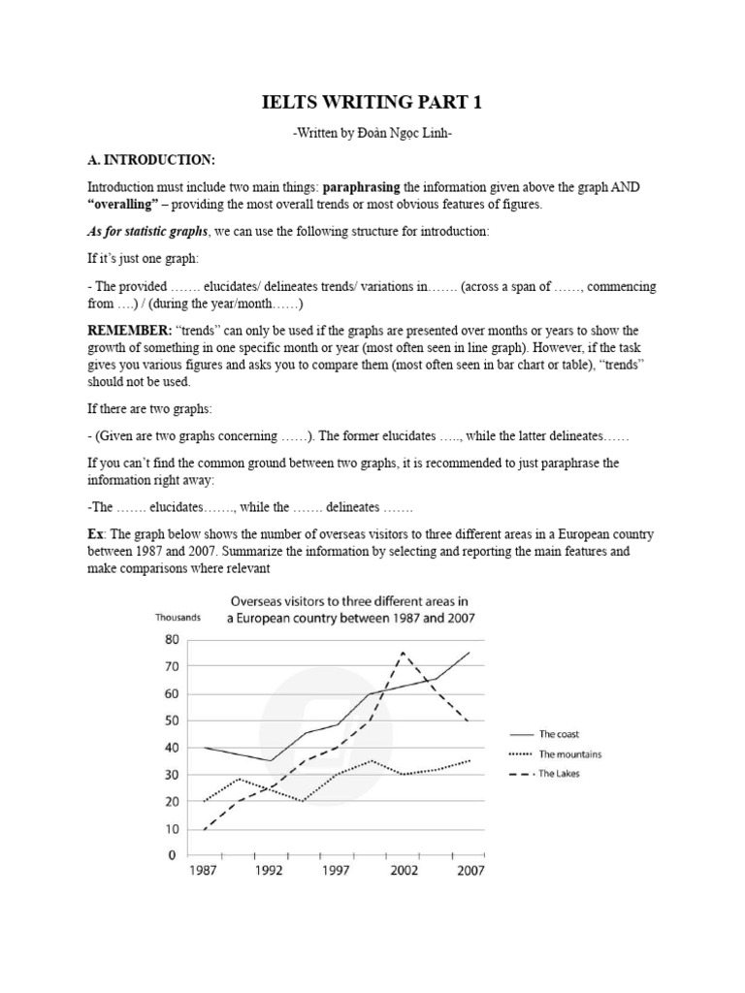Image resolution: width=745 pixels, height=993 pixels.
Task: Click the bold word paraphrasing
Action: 363,186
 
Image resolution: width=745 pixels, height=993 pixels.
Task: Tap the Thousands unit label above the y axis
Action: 178,617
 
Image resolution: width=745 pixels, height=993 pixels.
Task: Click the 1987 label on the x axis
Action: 203,871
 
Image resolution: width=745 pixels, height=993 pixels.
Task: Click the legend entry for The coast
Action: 558,734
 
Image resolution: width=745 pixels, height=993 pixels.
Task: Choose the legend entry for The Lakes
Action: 558,773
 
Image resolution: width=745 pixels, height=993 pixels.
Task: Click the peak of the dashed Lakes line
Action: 403,654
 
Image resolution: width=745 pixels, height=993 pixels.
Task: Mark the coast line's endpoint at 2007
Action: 470,653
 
